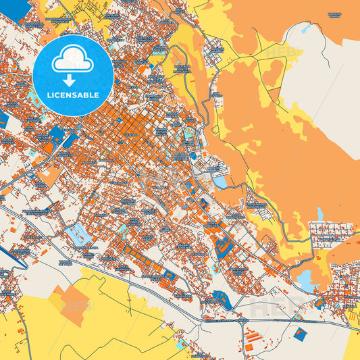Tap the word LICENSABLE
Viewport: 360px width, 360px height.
tap(73, 95)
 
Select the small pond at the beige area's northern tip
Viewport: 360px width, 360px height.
tap(305, 29)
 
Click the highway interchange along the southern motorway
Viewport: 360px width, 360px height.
tap(244, 323)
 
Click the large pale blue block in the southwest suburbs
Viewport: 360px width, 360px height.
tap(78, 234)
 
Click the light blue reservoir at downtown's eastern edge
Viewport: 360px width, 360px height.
tap(221, 181)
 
